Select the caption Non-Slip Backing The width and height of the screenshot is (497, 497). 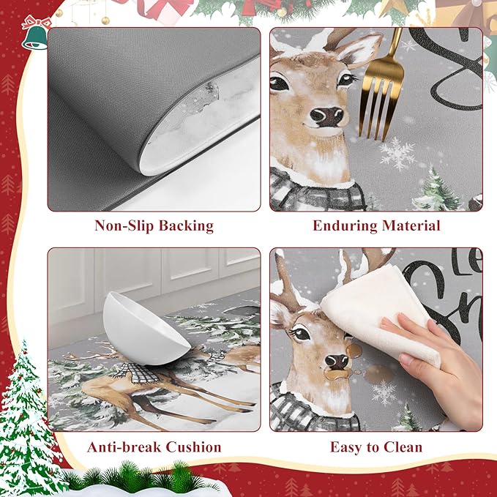coord(154,225)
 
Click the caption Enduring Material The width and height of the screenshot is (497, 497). coord(376,225)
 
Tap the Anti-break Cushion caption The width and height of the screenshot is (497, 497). coord(154,446)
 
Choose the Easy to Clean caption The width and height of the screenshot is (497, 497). coord(376,446)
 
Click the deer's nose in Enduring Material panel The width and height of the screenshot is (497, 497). coord(326,116)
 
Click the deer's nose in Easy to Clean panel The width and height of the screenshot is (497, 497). coord(337,361)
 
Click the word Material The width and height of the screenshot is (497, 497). coord(409,225)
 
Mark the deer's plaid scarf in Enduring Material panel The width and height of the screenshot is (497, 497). coord(315,192)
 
